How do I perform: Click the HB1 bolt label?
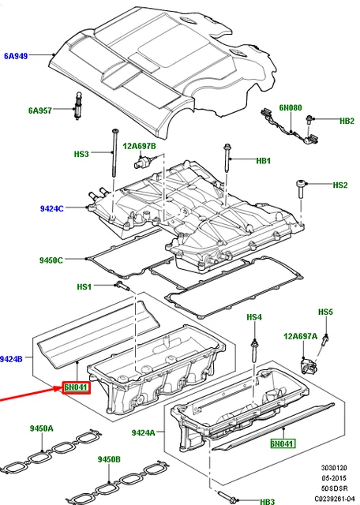[263, 162]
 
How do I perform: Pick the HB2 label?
[347, 121]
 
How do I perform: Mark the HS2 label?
[339, 185]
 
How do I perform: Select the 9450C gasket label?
[53, 259]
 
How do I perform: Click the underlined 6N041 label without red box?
[282, 444]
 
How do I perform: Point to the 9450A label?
[42, 428]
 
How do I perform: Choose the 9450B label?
[109, 459]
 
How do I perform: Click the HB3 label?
[267, 501]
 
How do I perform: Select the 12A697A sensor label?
[300, 336]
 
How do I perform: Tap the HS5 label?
[326, 312]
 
